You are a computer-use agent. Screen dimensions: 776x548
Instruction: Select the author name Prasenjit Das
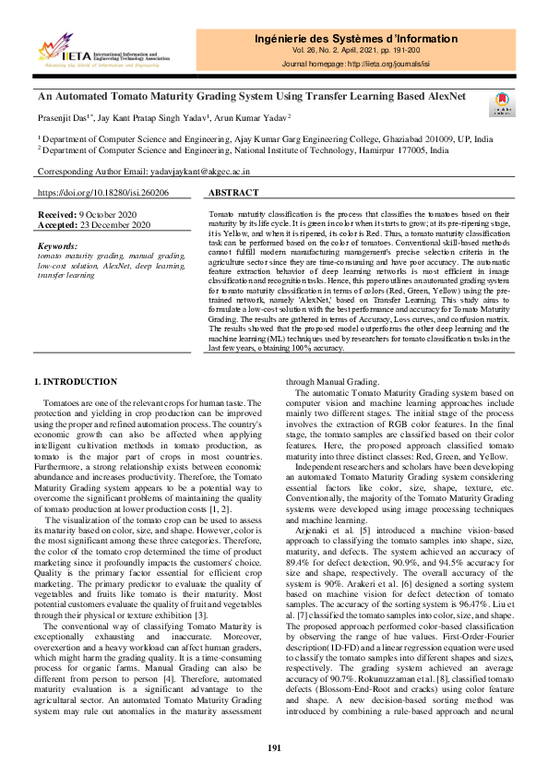[x=66, y=117]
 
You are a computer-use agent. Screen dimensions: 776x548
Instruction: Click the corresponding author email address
[x=198, y=172]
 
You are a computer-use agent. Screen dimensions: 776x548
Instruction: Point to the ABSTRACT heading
[x=233, y=194]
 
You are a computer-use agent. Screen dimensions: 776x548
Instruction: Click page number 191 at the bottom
[x=274, y=747]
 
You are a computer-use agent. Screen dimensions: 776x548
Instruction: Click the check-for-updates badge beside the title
[x=498, y=102]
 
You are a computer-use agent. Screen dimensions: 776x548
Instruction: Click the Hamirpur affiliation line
[x=244, y=148]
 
